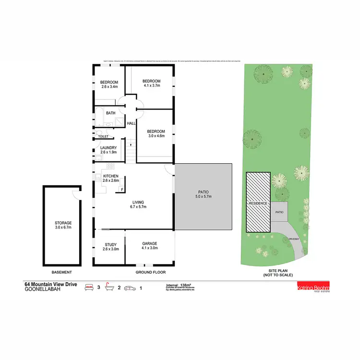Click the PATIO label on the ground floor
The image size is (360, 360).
click(203, 194)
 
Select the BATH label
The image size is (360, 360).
click(111, 113)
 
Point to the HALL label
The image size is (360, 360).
click(131, 124)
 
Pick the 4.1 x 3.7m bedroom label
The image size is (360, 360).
click(152, 83)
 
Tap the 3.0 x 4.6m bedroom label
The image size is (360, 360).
click(156, 133)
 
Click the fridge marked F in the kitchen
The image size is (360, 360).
click(122, 189)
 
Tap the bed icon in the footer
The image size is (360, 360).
click(89, 288)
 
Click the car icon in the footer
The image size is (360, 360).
click(129, 288)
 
